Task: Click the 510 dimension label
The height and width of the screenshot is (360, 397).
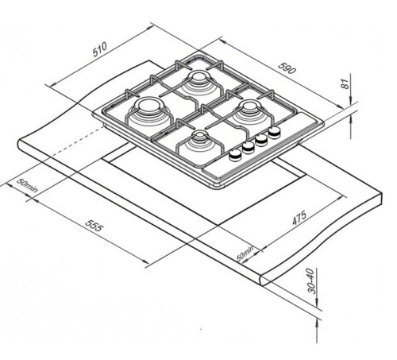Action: [x=100, y=49]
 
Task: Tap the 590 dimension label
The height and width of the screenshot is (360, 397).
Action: [x=287, y=68]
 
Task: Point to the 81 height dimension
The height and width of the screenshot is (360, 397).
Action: [x=345, y=85]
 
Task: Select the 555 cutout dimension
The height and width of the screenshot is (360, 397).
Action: [x=94, y=225]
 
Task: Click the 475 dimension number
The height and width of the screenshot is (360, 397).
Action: [x=299, y=218]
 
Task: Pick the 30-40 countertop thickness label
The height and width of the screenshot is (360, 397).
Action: [x=312, y=281]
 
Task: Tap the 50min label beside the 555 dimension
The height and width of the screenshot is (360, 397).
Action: [x=27, y=185]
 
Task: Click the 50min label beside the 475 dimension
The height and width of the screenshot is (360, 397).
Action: [x=245, y=254]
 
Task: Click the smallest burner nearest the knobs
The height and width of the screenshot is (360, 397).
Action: [x=200, y=145]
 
